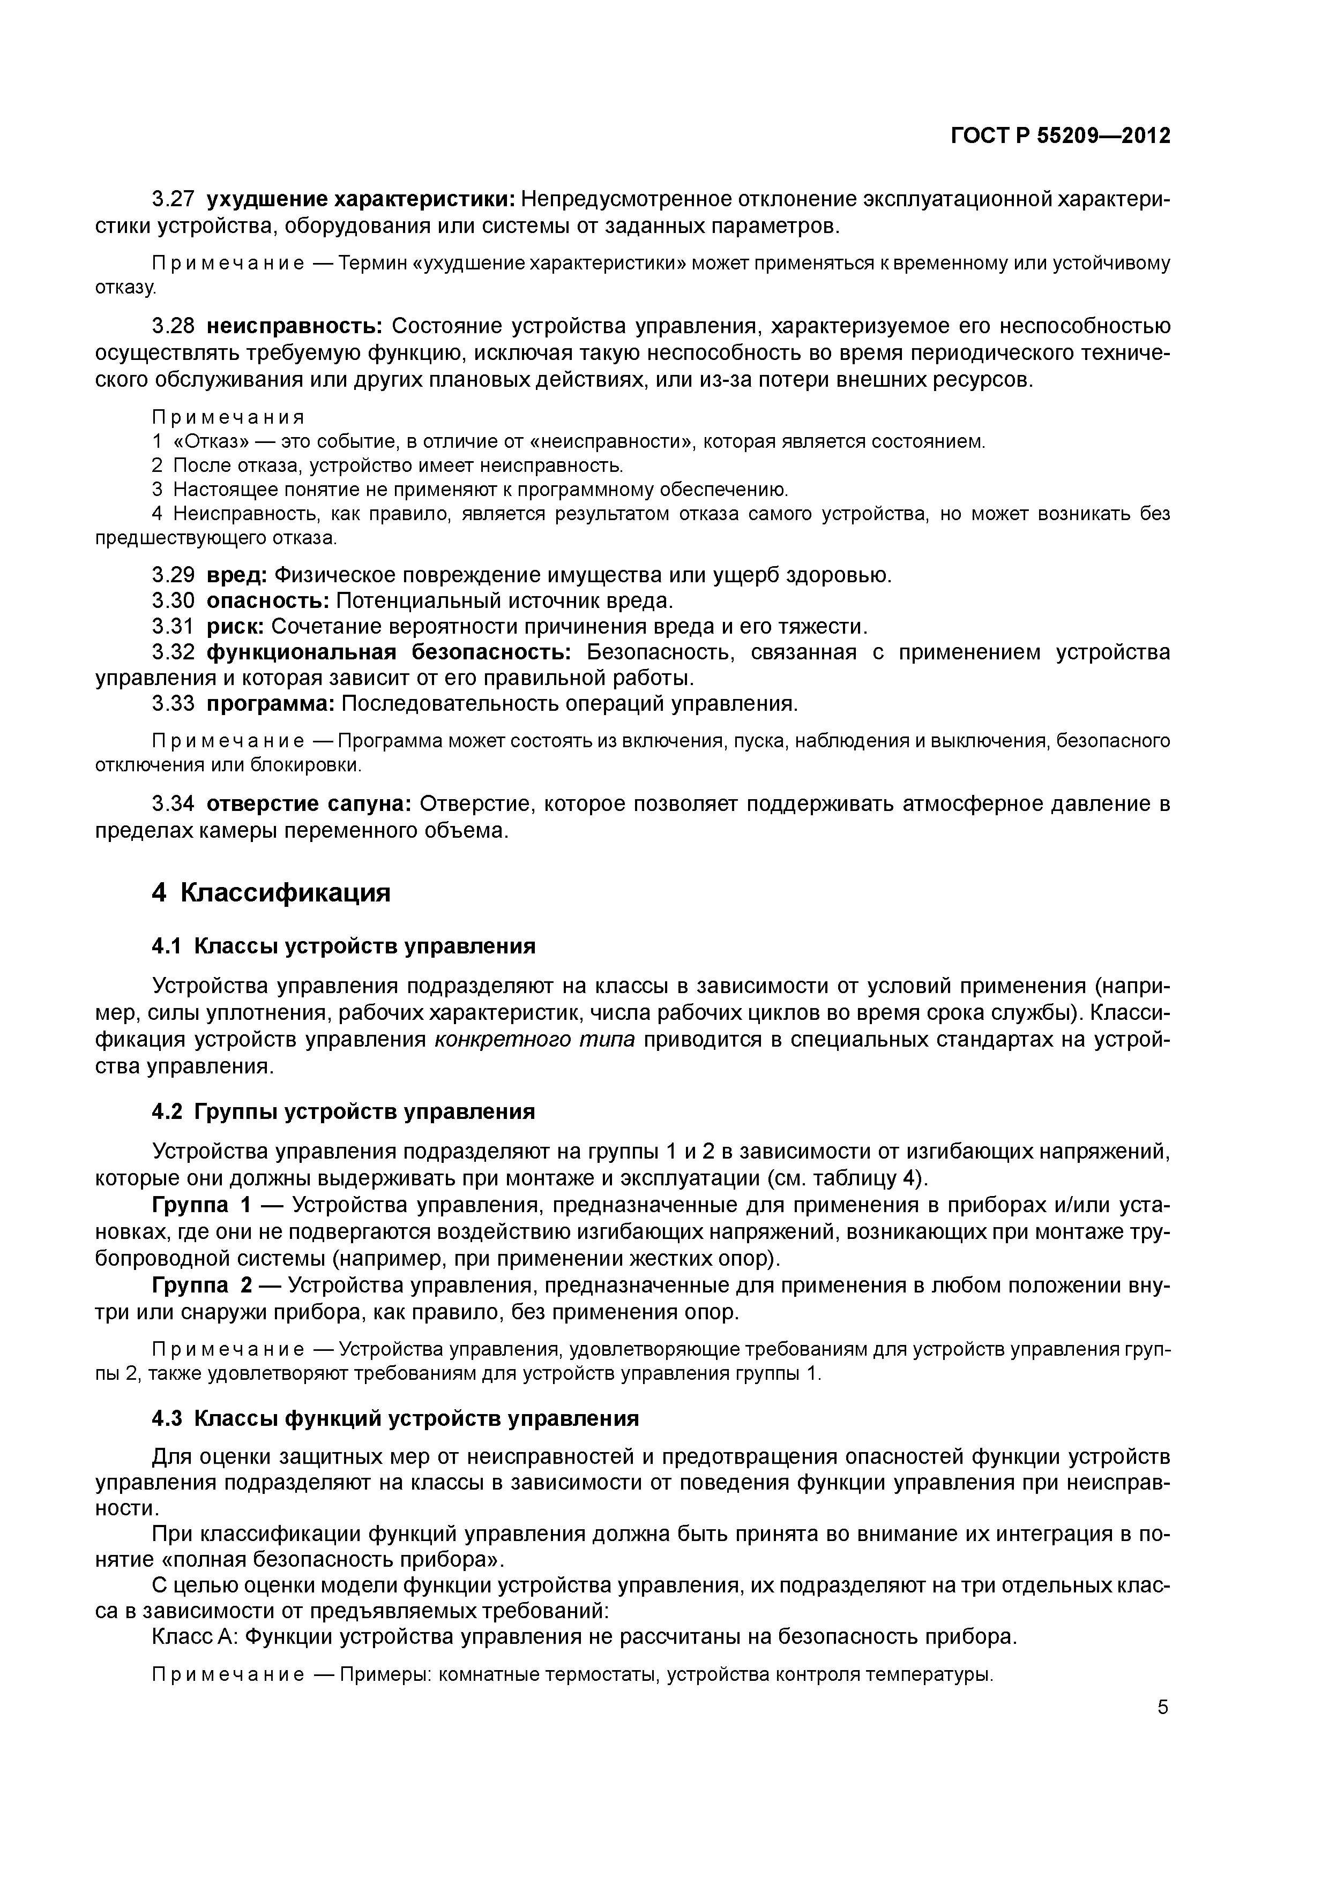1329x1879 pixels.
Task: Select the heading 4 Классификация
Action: (271, 893)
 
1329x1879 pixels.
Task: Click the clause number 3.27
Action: (173, 199)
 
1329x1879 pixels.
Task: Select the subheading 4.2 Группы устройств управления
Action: (344, 1112)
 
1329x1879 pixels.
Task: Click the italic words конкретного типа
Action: (534, 1040)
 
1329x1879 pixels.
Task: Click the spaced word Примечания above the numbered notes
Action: (228, 417)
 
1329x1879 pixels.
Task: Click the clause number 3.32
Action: (173, 652)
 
